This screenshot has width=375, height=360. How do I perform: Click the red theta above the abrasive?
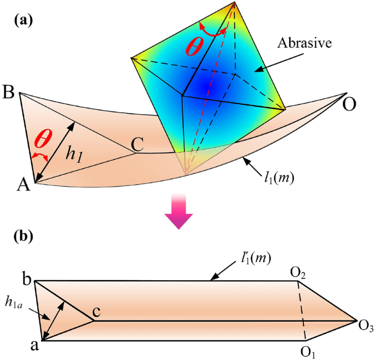(x=196, y=47)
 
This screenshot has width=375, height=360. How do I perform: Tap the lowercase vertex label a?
(x=25, y=344)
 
